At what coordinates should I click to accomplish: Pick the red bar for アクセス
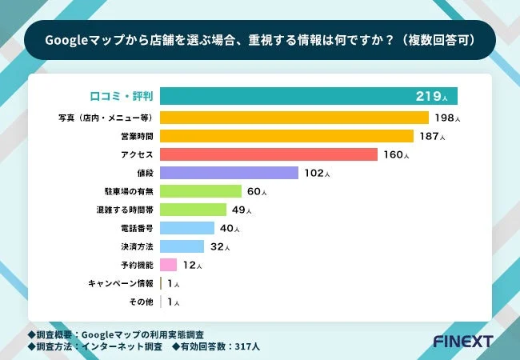click(x=268, y=154)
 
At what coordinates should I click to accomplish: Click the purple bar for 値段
click(x=229, y=173)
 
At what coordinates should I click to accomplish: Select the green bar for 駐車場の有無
click(x=201, y=191)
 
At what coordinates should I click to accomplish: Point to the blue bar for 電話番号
click(x=187, y=228)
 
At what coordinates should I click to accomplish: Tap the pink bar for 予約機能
click(x=168, y=265)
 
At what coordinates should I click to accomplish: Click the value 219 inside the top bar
click(x=427, y=97)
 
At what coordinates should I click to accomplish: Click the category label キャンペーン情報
click(x=121, y=283)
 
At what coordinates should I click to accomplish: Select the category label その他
click(x=141, y=302)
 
